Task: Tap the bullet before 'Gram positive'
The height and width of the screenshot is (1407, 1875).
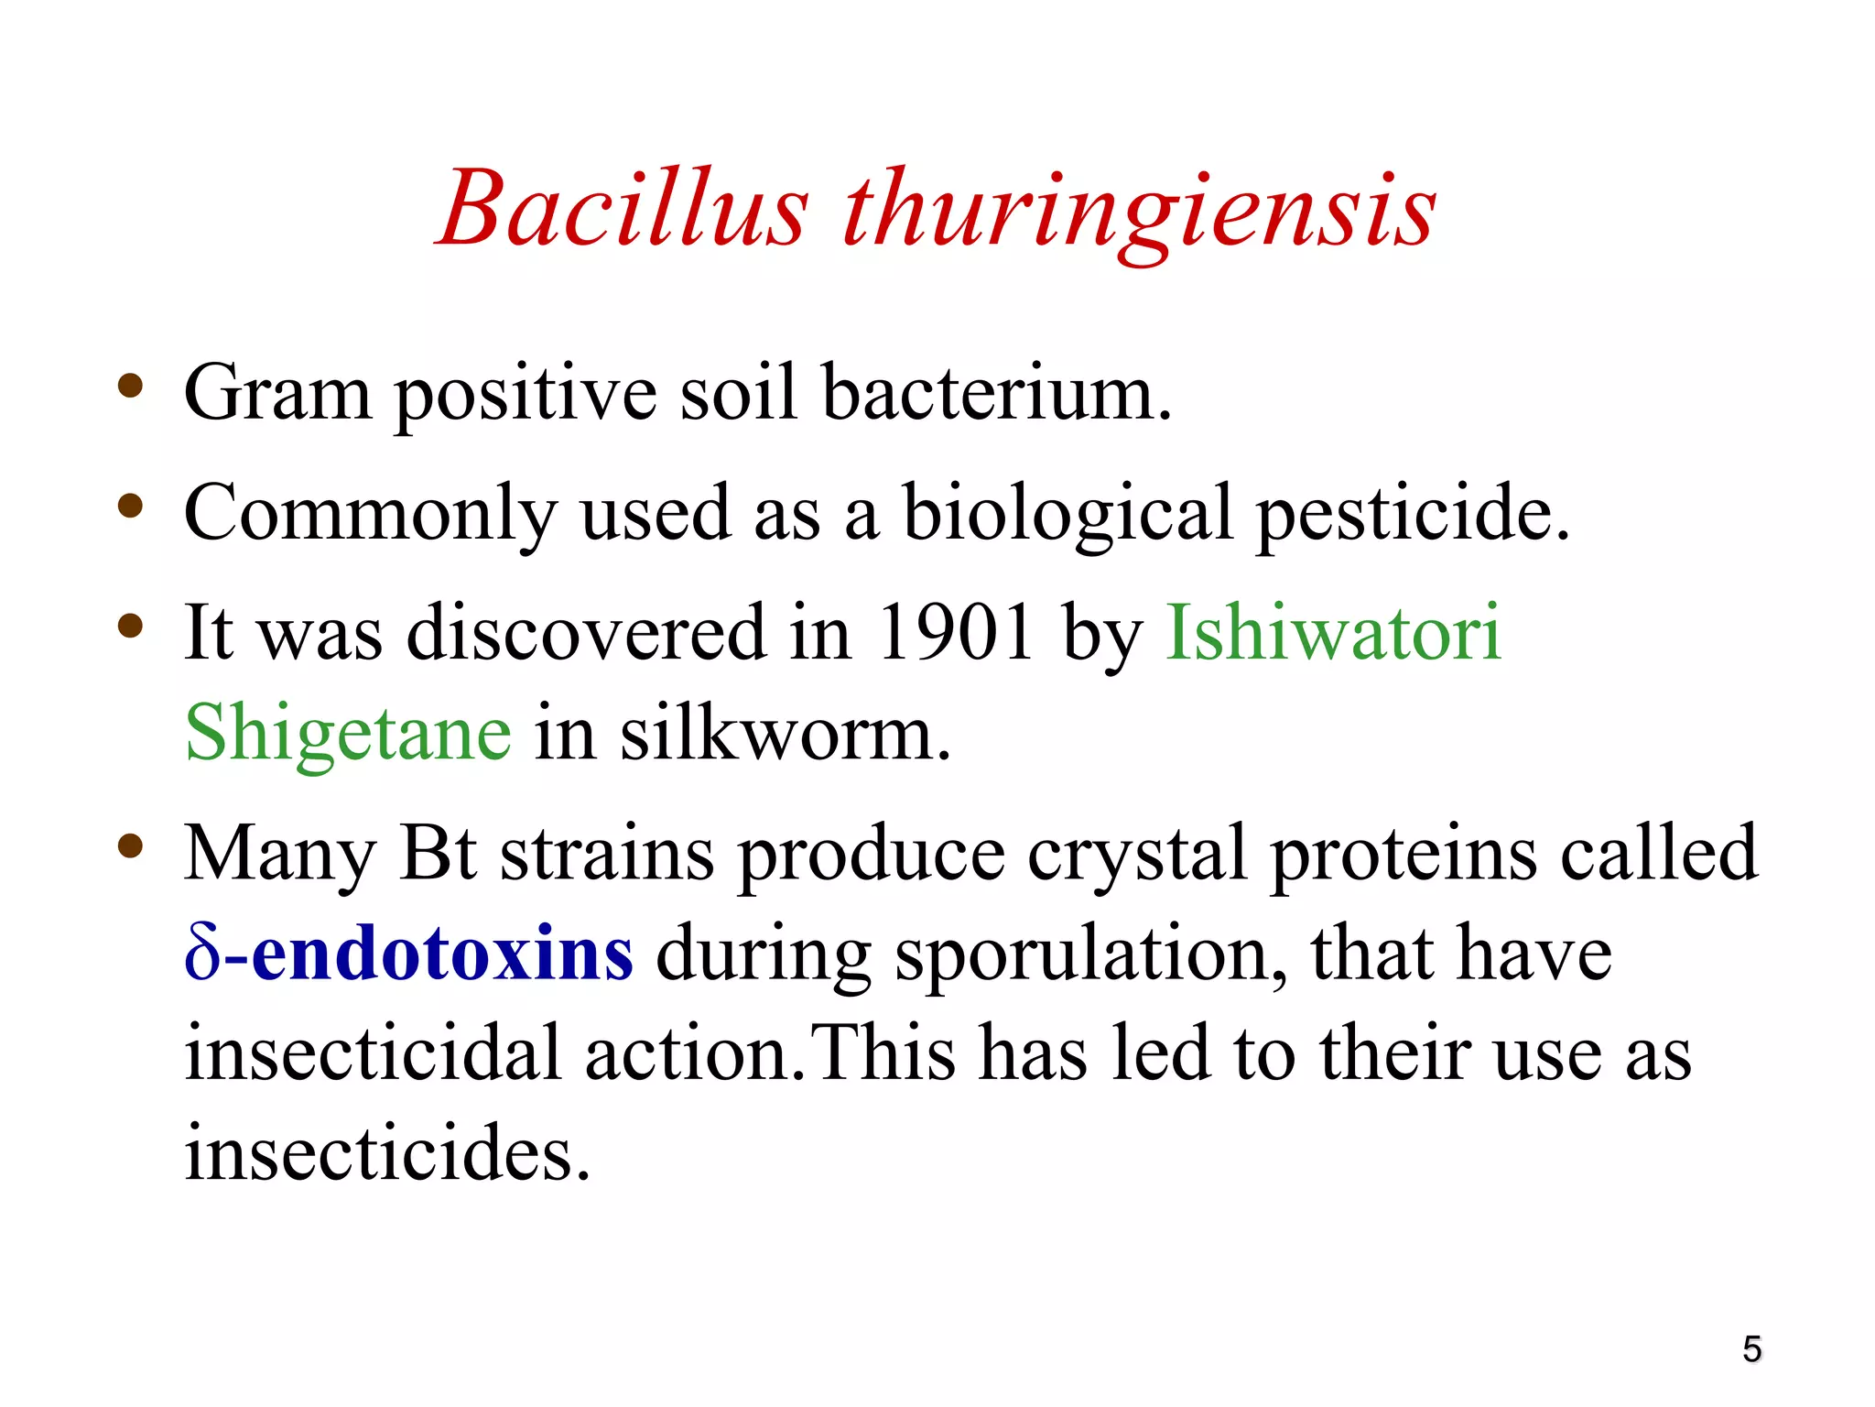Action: pos(130,386)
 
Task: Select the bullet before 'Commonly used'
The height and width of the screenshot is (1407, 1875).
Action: pos(130,506)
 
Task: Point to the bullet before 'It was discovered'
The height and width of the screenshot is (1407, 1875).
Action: pos(130,626)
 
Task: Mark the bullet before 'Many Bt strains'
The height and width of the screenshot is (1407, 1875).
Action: pos(130,846)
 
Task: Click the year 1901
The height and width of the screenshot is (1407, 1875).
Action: pos(955,632)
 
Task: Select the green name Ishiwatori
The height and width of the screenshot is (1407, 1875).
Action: pos(1333,632)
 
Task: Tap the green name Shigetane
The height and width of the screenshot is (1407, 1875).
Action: pos(348,734)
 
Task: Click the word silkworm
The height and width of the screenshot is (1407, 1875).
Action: pos(786,734)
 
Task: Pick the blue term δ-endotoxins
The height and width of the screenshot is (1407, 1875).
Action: pos(408,954)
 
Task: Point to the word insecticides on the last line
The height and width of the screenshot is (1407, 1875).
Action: pos(386,1152)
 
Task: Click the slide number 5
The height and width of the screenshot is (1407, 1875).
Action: pos(1751,1349)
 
